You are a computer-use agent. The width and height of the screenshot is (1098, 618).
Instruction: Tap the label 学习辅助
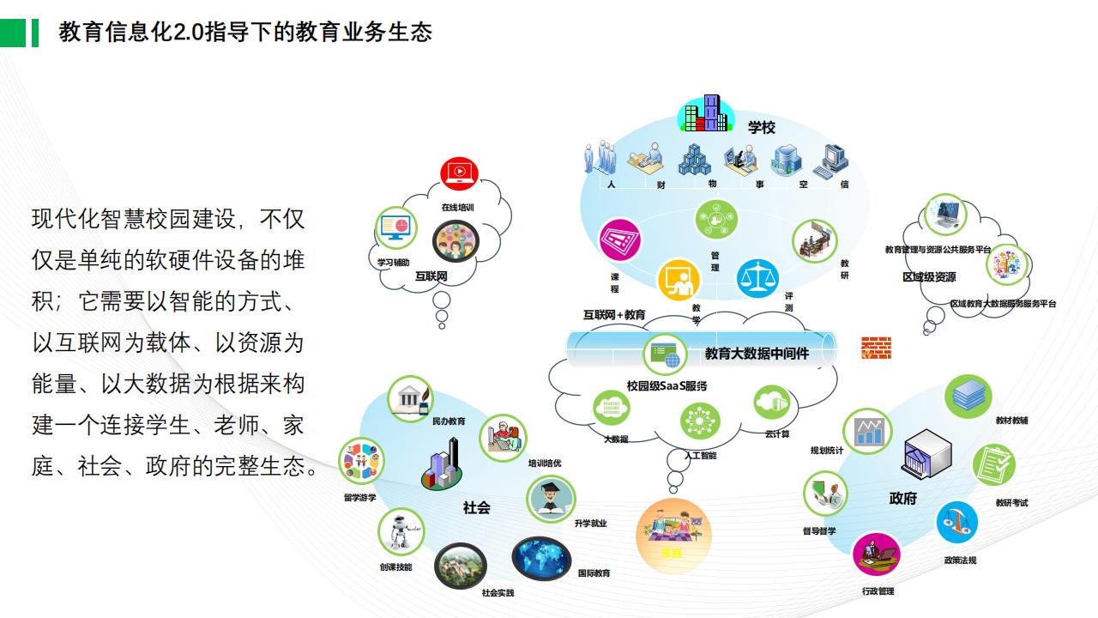394,262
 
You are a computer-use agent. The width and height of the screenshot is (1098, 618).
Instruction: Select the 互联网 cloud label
431,277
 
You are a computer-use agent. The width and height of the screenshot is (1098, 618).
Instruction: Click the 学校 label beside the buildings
761,128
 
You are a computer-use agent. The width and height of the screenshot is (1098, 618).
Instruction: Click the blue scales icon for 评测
757,278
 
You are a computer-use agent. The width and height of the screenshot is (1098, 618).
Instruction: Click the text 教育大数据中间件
757,353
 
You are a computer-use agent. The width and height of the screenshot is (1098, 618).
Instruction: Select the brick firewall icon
876,348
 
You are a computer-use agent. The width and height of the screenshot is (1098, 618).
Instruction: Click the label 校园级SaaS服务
667,386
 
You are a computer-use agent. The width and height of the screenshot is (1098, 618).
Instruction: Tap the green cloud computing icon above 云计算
772,403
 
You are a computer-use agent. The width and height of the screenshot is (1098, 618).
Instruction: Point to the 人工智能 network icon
700,421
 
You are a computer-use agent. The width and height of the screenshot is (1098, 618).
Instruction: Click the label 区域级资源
929,277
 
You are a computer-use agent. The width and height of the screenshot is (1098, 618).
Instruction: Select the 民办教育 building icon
409,397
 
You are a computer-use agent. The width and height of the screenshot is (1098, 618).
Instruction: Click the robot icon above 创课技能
401,530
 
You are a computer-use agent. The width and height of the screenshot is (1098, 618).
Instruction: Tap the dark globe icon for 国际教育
541,559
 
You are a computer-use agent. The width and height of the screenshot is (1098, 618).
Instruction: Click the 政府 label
902,499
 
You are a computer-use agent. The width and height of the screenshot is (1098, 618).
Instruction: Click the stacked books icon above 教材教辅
968,396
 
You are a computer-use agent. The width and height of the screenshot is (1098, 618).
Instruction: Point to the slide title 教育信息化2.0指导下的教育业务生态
245,33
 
